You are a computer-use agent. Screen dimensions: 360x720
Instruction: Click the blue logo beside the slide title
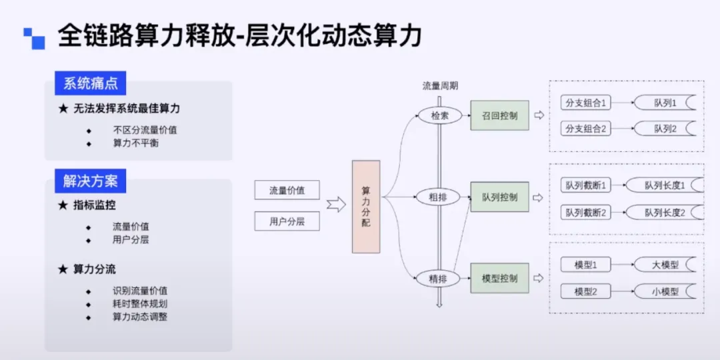click(34, 38)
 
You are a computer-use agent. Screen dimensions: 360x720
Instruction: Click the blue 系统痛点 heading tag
click(90, 83)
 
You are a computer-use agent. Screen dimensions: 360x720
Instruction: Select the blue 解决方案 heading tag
click(90, 181)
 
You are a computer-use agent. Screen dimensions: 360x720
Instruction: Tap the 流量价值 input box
click(287, 191)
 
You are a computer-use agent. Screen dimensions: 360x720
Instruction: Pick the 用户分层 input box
click(287, 221)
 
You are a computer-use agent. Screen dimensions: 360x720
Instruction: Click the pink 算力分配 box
click(366, 207)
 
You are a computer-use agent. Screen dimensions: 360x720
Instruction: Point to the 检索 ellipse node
click(439, 115)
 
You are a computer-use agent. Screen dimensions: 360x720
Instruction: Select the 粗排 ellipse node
click(439, 197)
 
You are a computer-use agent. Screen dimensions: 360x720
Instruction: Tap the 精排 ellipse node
click(439, 278)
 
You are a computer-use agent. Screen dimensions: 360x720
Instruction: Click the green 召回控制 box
click(499, 115)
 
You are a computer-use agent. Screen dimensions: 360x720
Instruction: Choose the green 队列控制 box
click(499, 197)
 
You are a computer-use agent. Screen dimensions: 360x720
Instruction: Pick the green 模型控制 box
click(499, 278)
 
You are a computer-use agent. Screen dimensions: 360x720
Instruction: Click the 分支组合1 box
click(586, 103)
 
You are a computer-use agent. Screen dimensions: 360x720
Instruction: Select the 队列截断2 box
click(586, 212)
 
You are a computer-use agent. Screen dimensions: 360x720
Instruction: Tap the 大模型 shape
click(665, 265)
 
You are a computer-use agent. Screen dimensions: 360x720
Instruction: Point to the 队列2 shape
click(665, 129)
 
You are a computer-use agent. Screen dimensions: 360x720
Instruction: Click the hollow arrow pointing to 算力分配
click(336, 205)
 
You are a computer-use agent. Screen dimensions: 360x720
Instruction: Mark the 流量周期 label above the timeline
click(440, 86)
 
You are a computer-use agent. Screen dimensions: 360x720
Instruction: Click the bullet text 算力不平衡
click(135, 143)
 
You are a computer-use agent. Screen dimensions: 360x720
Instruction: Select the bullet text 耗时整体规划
click(140, 304)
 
